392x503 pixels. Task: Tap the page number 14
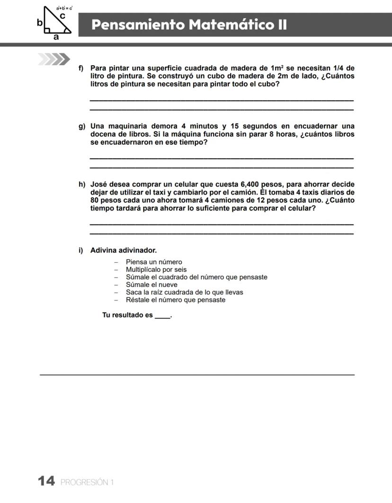[x=46, y=482]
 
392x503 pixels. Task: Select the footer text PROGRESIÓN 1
[x=88, y=483]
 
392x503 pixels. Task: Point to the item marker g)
[x=82, y=126]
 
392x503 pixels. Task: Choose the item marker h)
[x=82, y=184]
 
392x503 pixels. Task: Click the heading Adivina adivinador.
[x=124, y=250]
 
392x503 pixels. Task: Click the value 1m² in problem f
[x=277, y=68]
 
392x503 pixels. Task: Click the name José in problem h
[x=99, y=184]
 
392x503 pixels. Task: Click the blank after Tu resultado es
[x=162, y=315]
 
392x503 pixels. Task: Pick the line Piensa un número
[x=154, y=262]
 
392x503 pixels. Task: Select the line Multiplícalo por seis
[x=156, y=269]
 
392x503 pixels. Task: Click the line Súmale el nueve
[x=151, y=285]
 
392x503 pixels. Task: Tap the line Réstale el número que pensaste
[x=176, y=300]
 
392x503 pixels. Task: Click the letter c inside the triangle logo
[x=62, y=16]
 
